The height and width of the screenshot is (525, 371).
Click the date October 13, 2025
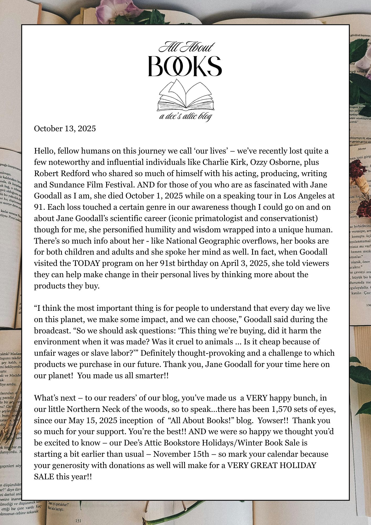pyautogui.click(x=65, y=129)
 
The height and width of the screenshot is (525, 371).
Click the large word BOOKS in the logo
pyautogui.click(x=185, y=66)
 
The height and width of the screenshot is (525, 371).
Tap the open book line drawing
pyautogui.click(x=185, y=95)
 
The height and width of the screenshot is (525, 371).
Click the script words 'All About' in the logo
pyautogui.click(x=186, y=48)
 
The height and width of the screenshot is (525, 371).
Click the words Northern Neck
pyautogui.click(x=92, y=409)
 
